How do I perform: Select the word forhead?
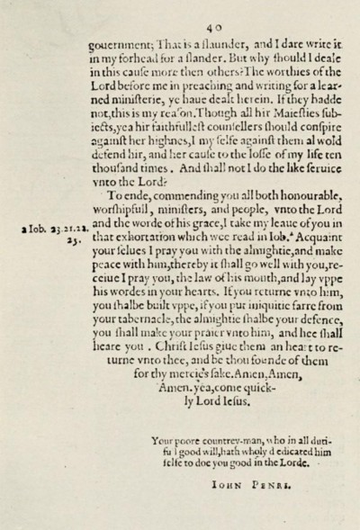[145, 56]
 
